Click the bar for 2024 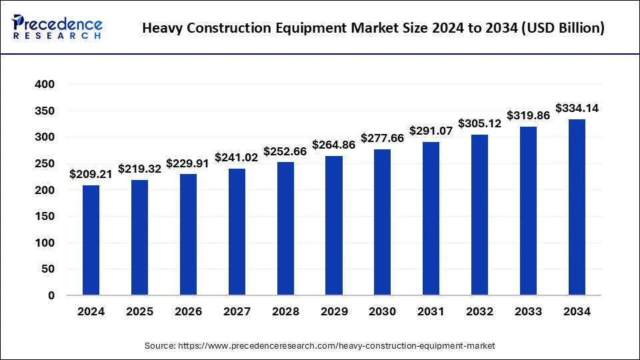click(x=91, y=240)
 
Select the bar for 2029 click(x=334, y=225)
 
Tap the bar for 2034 click(x=577, y=207)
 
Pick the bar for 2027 click(x=237, y=231)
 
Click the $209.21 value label click(x=91, y=174)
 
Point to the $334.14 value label click(x=577, y=108)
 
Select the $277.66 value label click(x=383, y=138)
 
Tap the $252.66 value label click(x=285, y=151)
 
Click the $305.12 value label click(x=480, y=123)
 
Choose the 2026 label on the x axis click(x=188, y=311)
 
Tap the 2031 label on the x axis click(x=431, y=311)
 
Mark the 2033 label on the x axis click(x=529, y=311)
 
